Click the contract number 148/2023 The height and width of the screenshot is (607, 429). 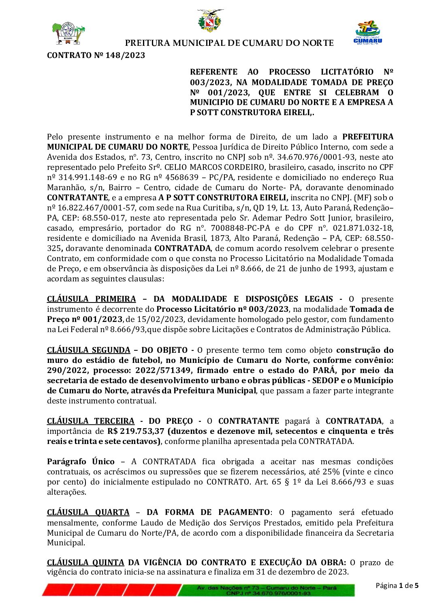coord(125,56)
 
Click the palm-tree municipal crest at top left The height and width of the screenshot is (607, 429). coord(68,34)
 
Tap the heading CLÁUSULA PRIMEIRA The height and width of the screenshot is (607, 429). coord(91,299)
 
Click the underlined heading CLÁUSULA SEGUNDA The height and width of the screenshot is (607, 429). coord(88,350)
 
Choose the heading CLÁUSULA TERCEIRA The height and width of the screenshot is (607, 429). coord(90,421)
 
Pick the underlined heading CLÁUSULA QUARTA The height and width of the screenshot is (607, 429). coord(88,512)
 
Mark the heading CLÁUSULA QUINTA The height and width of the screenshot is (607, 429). coord(85,562)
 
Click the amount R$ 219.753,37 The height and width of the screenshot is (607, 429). coord(136,431)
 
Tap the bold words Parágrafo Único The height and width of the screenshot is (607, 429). coord(81,461)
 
